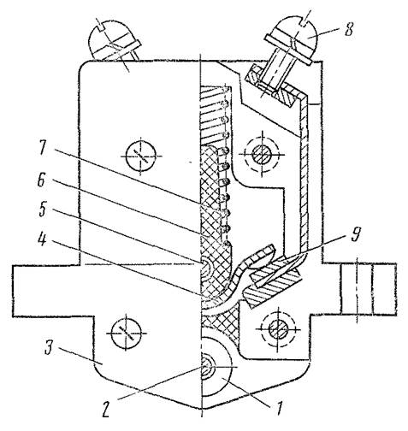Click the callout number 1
tap(278, 409)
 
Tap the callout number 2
tap(106, 410)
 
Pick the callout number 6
tap(42, 180)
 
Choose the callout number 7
tap(43, 148)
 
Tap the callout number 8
tap(348, 28)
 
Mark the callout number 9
tap(355, 234)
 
